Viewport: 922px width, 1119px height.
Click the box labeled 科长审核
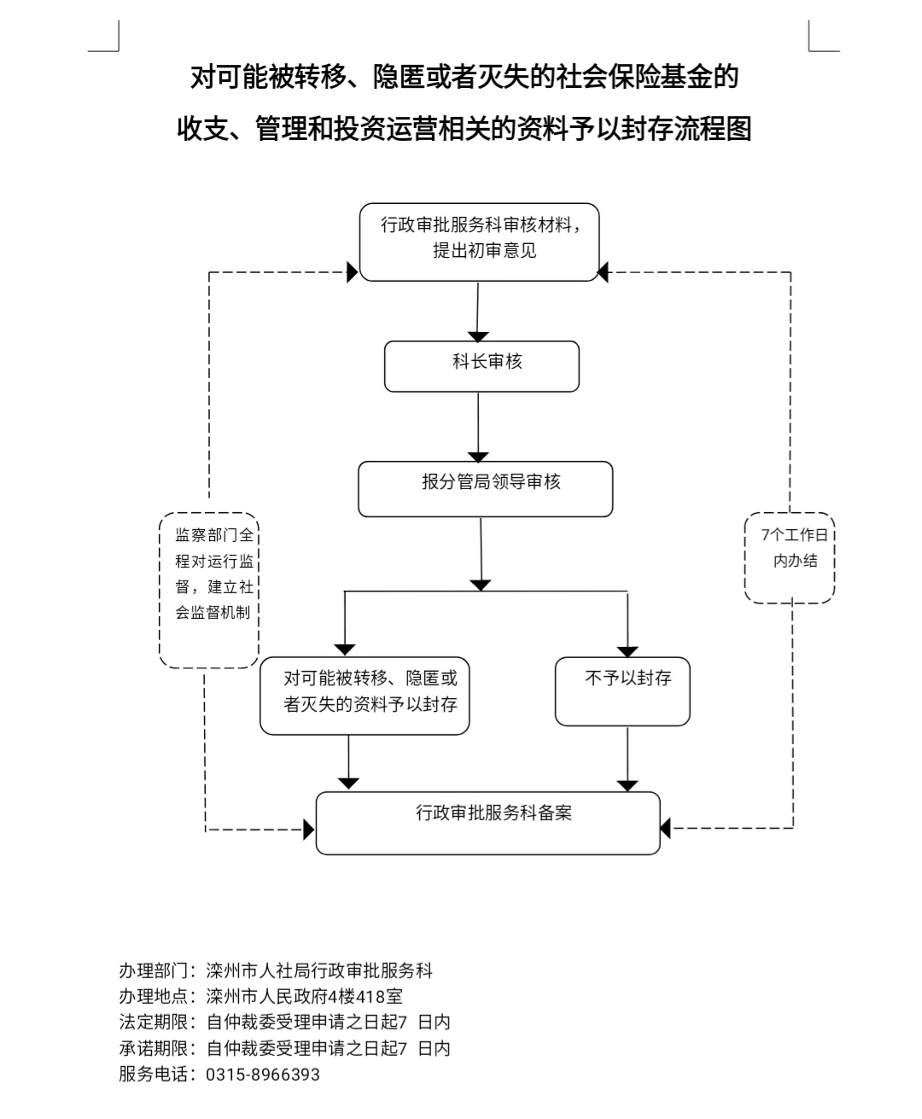481,366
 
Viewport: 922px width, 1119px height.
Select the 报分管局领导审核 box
485,488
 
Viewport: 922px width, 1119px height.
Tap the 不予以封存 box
622,691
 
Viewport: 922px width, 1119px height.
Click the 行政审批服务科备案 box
487,823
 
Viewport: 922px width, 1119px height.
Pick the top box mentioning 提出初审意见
479,242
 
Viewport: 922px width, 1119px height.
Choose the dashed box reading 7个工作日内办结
790,557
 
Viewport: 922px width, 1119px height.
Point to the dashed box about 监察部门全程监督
209,589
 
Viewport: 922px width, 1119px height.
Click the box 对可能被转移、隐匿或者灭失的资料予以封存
365,695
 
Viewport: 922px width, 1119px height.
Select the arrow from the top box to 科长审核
478,312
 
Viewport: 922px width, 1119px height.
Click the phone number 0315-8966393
263,1074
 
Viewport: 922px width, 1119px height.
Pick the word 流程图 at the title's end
712,129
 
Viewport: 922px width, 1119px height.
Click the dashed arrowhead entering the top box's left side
352,273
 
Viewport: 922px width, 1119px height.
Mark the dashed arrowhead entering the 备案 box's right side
666,827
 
